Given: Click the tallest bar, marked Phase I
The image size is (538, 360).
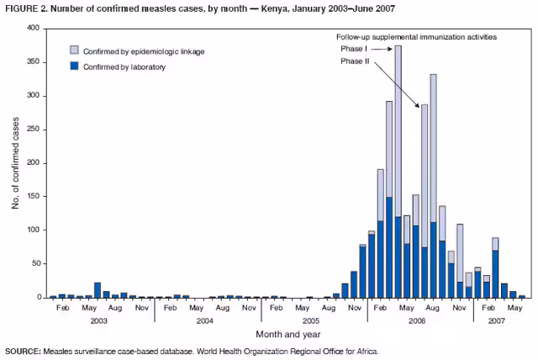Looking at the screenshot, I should pos(398,168).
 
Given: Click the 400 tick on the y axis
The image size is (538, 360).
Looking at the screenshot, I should pos(33,28).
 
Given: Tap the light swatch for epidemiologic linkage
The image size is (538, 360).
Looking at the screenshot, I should pos(75,52).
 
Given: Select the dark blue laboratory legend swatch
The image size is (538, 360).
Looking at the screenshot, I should pos(75,66).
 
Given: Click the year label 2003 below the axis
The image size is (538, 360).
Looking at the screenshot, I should pos(99,321).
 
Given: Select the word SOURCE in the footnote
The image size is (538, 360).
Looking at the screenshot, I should pos(24,351).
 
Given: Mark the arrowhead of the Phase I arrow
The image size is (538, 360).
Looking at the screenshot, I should pos(391,49).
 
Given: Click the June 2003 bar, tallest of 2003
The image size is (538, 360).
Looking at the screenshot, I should pos(98,290).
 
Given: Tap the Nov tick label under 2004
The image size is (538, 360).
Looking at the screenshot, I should pos(249,309).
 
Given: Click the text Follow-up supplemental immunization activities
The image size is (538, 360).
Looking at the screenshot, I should pos(416,37).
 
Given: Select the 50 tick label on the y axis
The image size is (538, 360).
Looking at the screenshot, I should pos(35,263).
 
